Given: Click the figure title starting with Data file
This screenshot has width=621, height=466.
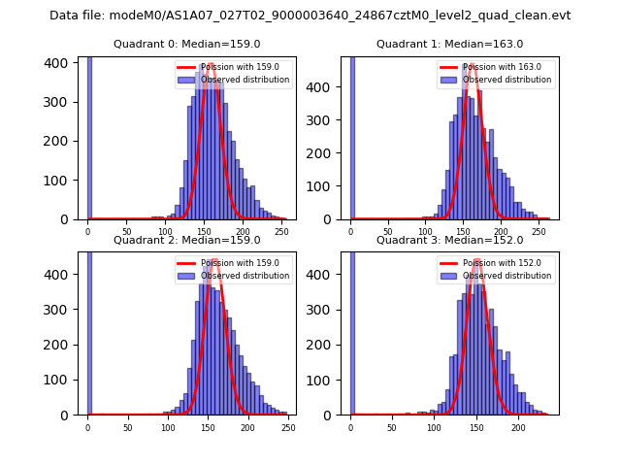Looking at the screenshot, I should click(310, 16).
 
